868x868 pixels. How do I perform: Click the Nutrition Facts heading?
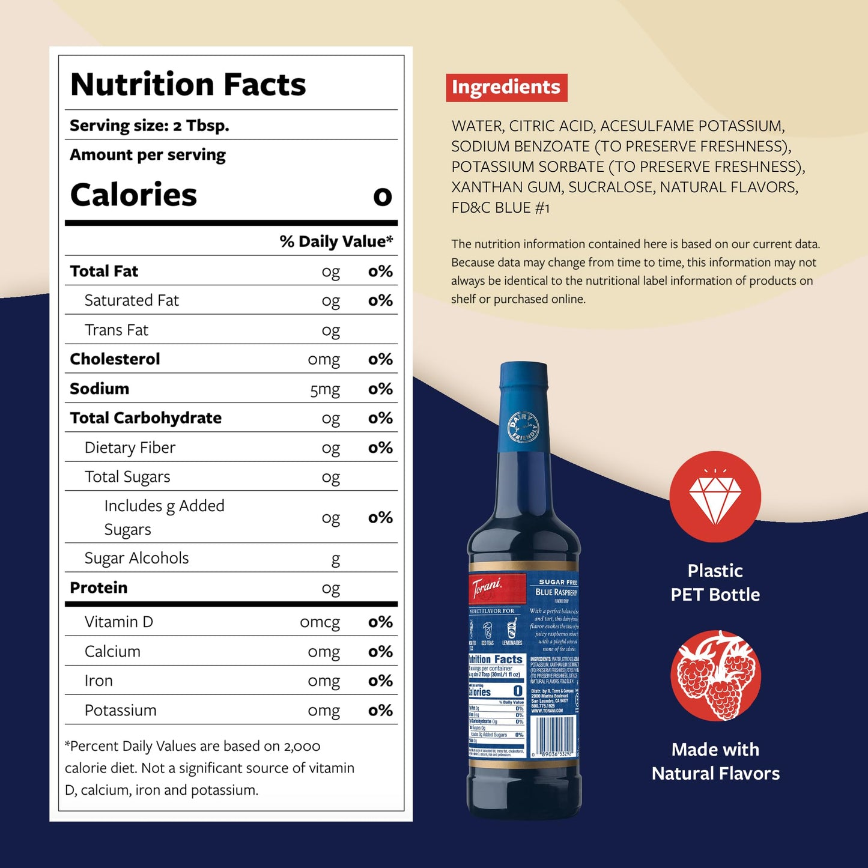click(188, 84)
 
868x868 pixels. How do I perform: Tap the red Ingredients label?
click(506, 87)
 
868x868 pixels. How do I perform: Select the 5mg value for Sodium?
click(324, 389)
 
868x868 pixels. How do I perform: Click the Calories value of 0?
click(383, 196)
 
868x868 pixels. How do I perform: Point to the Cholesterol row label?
click(115, 359)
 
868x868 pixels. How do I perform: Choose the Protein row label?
click(99, 587)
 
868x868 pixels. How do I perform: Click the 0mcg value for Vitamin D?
click(320, 622)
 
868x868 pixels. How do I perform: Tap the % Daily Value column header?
click(336, 241)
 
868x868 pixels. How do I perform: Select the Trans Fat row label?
click(117, 330)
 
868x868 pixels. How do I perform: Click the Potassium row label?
click(120, 710)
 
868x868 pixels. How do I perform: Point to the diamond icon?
click(715, 497)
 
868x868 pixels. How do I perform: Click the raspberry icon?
click(715, 675)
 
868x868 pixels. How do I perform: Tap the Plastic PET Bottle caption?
click(715, 583)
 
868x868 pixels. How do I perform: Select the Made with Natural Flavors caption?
click(715, 762)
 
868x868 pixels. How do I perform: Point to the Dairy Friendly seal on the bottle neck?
click(523, 428)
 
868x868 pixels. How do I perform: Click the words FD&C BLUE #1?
click(500, 208)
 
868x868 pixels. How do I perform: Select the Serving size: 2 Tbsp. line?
click(150, 126)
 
